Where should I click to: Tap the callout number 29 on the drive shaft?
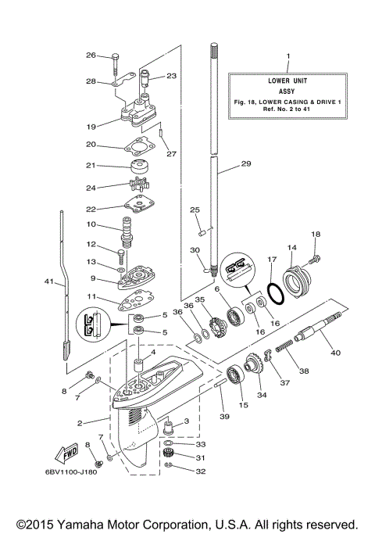click(x=246, y=164)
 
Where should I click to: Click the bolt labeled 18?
click(x=315, y=253)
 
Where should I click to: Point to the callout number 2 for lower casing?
click(x=80, y=423)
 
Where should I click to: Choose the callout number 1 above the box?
click(x=287, y=56)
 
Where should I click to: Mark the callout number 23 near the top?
click(x=172, y=76)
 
